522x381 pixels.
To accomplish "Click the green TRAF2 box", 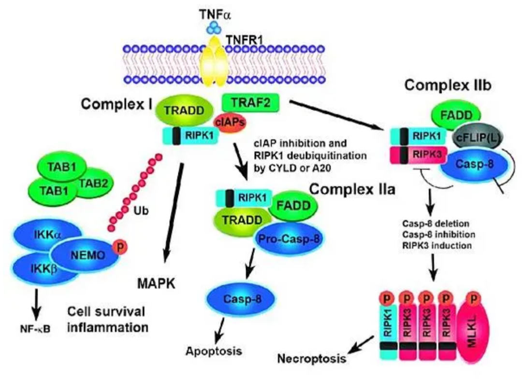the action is (251, 103).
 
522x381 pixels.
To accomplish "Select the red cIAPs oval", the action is (231, 122).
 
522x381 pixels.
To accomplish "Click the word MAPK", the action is (156, 284).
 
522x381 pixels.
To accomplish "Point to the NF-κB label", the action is (35, 329).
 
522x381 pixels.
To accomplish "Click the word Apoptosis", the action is (214, 351).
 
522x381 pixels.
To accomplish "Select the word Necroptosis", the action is (312, 359).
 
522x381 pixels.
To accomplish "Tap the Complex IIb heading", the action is (448, 85).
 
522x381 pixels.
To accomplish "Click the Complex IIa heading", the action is (352, 189).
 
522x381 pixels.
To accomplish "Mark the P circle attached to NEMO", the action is (120, 247).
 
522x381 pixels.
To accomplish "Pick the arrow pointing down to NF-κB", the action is (36, 306).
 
